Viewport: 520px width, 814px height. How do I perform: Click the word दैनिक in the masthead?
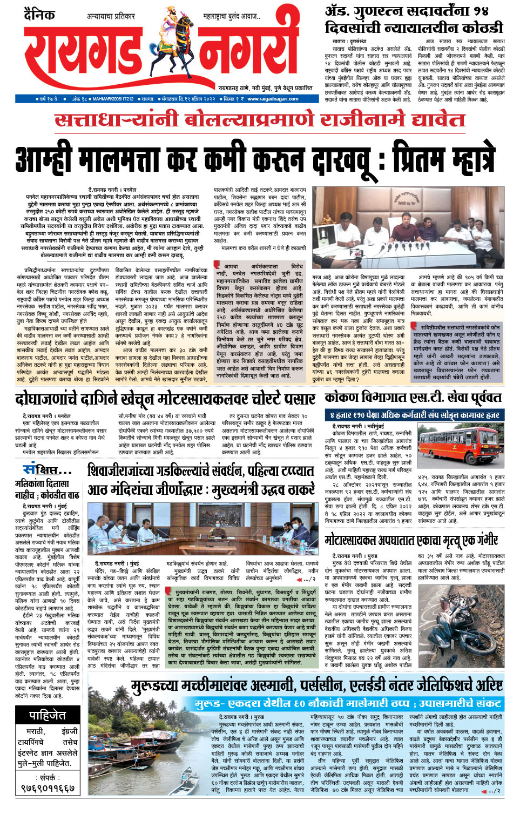[x=38, y=14]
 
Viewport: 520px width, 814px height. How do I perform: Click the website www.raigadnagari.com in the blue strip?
[x=273, y=99]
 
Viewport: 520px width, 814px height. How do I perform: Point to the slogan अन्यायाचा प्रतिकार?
[x=111, y=17]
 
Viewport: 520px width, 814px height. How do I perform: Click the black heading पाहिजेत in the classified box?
[x=48, y=716]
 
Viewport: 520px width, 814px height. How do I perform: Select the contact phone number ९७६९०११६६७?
[x=48, y=789]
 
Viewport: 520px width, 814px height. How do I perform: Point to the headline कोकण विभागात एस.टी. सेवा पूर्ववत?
[x=413, y=398]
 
